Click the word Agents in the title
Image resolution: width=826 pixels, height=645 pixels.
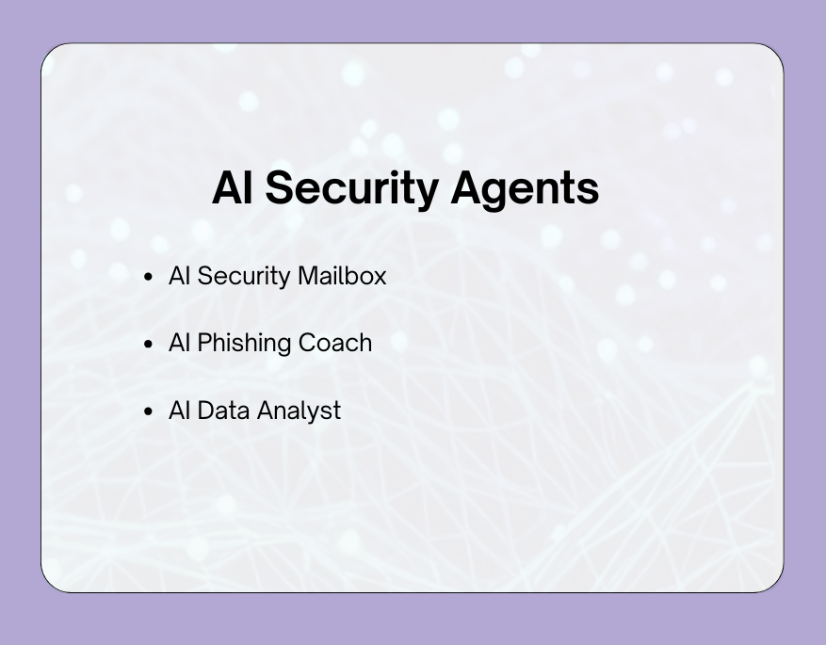pyautogui.click(x=525, y=188)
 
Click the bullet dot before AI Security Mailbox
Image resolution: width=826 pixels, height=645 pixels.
pyautogui.click(x=148, y=277)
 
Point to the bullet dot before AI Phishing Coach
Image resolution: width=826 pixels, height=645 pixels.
pyautogui.click(x=148, y=344)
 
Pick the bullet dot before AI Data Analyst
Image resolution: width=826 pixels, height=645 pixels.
pyautogui.click(x=148, y=411)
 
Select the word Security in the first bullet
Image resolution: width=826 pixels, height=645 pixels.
pyautogui.click(x=244, y=276)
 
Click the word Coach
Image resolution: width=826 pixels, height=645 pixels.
pyautogui.click(x=335, y=343)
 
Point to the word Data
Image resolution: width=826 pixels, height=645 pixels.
pyautogui.click(x=223, y=411)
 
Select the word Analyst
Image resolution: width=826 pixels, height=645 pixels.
pyautogui.click(x=299, y=411)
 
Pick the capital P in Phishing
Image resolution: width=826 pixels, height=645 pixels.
pyautogui.click(x=203, y=343)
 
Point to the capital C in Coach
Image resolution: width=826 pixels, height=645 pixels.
pyautogui.click(x=307, y=343)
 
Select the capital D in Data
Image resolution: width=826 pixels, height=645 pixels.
pyautogui.click(x=205, y=411)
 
